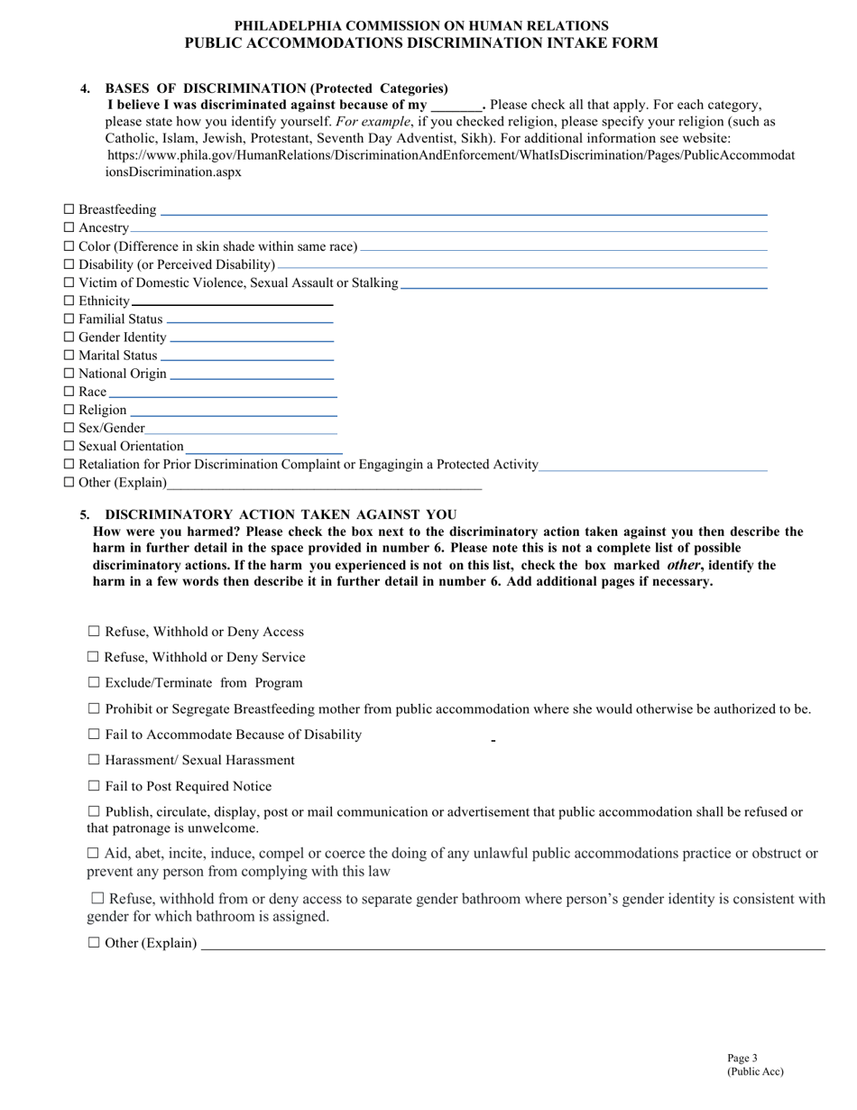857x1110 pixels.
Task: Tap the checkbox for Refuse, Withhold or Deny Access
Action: [94, 633]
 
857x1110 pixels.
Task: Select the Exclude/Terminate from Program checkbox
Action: [94, 683]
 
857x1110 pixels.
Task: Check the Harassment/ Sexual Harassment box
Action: [94, 761]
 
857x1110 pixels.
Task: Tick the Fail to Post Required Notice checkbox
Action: [94, 787]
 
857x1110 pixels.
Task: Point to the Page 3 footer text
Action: [742, 1059]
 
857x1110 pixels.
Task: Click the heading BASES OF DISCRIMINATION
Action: [276, 88]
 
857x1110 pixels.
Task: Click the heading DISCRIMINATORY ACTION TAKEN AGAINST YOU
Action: [281, 514]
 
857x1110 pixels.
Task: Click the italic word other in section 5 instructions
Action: [683, 565]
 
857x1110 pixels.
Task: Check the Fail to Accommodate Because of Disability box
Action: [94, 735]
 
